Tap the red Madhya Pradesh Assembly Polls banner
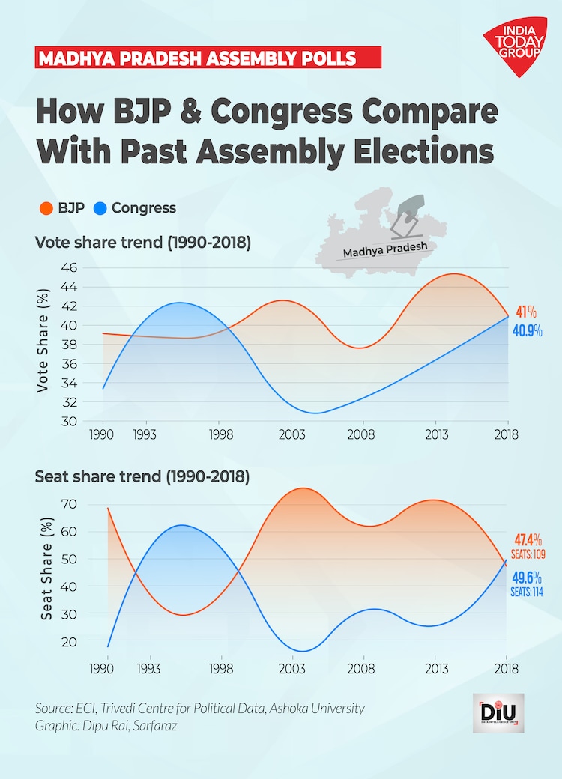pyautogui.click(x=208, y=58)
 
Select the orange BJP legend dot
pyautogui.click(x=45, y=208)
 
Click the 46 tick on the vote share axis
pyautogui.click(x=69, y=267)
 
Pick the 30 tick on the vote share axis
pyautogui.click(x=69, y=422)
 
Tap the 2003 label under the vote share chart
pyautogui.click(x=291, y=435)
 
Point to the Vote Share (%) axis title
pyautogui.click(x=43, y=345)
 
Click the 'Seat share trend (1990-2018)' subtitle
pyautogui.click(x=142, y=476)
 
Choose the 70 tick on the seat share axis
pyautogui.click(x=69, y=504)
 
